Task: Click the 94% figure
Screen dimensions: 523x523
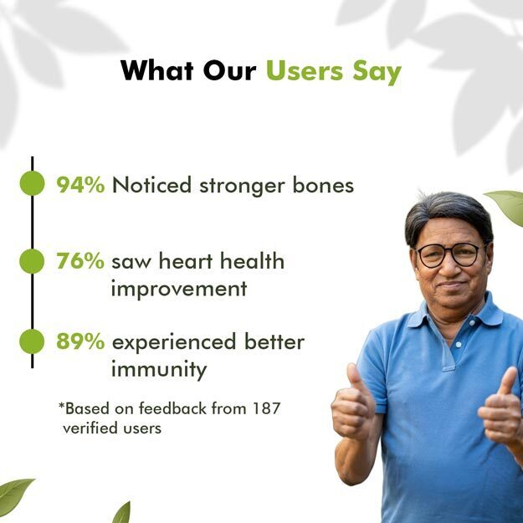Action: pos(80,185)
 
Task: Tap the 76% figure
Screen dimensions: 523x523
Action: pos(80,261)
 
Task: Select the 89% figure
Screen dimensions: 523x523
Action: pos(80,341)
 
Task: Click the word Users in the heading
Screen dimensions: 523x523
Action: pos(305,71)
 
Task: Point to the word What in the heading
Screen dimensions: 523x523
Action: pos(157,71)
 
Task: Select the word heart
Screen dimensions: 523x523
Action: pos(186,260)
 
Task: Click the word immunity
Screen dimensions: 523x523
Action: pos(159,370)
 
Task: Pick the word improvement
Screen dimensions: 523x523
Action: pos(179,289)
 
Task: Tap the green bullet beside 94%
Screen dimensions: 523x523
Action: pos(32,183)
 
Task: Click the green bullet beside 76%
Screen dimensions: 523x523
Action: pos(32,261)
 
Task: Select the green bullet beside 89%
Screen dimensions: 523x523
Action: pos(32,341)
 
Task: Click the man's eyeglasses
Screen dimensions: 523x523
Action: pos(450,255)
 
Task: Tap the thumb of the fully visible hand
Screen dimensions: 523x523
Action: pos(355,380)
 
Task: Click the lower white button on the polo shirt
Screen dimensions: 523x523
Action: pos(459,345)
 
